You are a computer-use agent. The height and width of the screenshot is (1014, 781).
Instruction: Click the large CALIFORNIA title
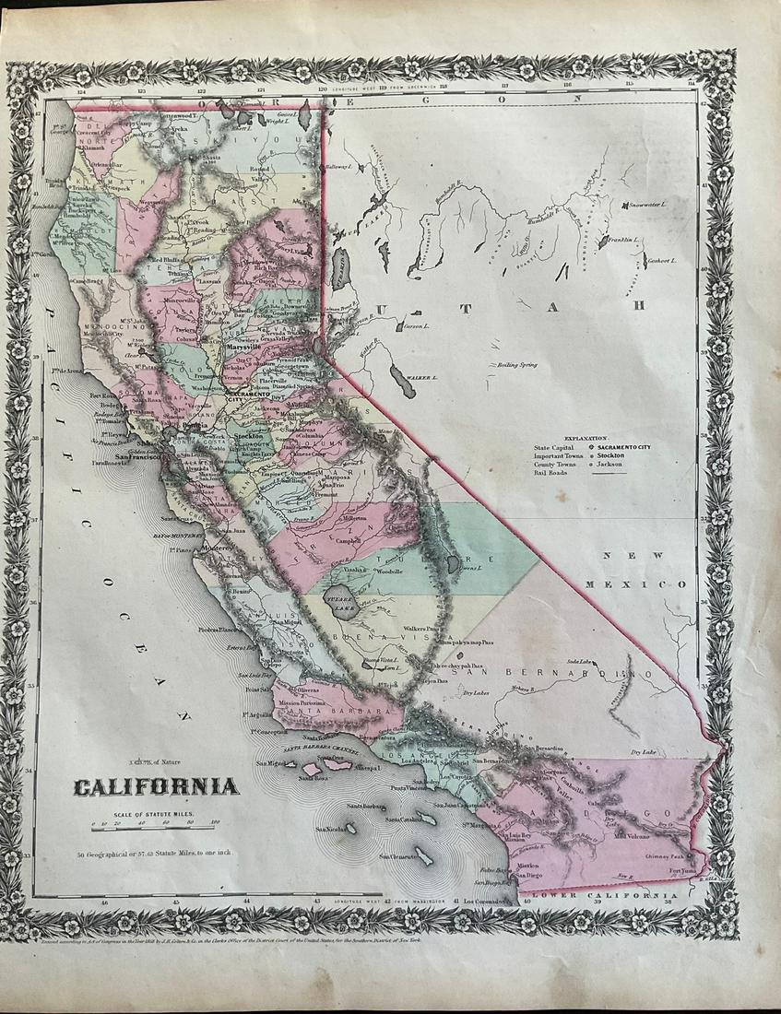pos(156,786)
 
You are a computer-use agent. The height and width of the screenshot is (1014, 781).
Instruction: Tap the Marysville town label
pos(248,348)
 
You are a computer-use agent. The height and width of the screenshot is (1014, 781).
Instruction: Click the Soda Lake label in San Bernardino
pos(579,662)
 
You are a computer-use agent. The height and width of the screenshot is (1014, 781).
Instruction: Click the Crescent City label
pos(93,132)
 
